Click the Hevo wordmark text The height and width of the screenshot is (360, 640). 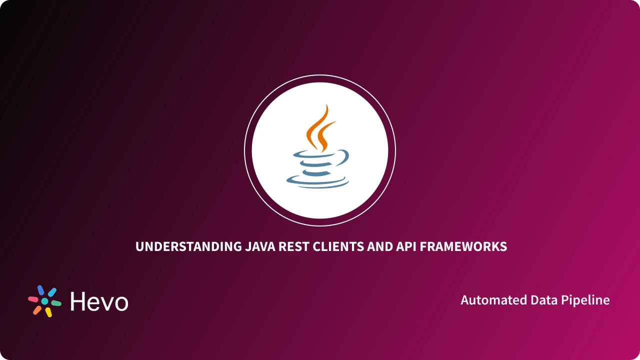(x=99, y=301)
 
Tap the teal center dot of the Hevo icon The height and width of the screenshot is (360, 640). (x=44, y=301)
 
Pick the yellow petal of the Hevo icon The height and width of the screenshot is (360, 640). (x=48, y=312)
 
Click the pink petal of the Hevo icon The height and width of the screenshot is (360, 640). (x=33, y=299)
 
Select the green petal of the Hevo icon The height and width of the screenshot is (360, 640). (x=56, y=303)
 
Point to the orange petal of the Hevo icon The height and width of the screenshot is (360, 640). (x=37, y=310)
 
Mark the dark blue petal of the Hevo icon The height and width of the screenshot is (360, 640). (x=40, y=290)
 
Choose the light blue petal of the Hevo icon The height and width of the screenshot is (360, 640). (x=52, y=292)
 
